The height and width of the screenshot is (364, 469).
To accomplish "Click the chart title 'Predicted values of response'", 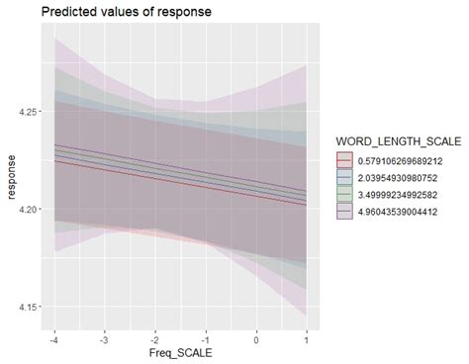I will point(112,12).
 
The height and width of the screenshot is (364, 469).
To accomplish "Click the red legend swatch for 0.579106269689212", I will point(344,157).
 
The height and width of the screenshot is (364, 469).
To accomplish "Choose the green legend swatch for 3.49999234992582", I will point(344,192).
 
